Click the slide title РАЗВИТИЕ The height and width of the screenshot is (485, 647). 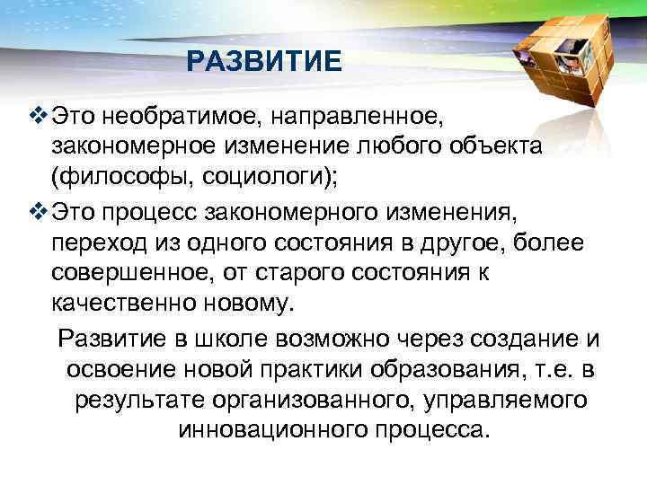tap(265, 62)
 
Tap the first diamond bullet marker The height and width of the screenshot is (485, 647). tap(37, 116)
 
